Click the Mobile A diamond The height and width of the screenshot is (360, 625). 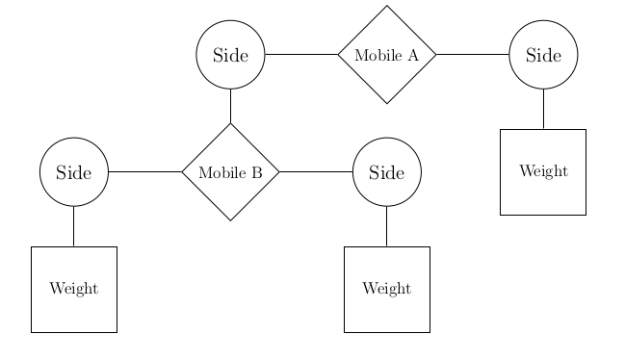click(x=387, y=55)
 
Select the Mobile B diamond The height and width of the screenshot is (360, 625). click(x=230, y=172)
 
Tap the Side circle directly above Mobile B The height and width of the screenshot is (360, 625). click(x=230, y=55)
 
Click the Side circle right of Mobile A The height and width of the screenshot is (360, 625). click(x=543, y=55)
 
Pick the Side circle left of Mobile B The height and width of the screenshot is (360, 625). click(x=74, y=172)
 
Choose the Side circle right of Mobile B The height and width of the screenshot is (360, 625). click(x=387, y=172)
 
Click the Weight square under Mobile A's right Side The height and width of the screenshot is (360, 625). click(x=543, y=172)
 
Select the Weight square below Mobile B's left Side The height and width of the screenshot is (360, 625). click(x=74, y=289)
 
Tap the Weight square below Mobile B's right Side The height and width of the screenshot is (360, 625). click(x=387, y=289)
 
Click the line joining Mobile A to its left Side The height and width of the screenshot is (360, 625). click(x=300, y=55)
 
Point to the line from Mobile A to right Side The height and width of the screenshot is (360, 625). click(x=472, y=55)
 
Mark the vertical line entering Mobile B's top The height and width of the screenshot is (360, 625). click(x=230, y=106)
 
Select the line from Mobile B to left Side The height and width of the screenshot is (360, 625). click(x=144, y=172)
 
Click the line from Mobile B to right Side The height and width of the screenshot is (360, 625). click(x=316, y=172)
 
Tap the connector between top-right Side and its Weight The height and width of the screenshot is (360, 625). click(x=543, y=109)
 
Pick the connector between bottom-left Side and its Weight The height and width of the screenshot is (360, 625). click(x=74, y=226)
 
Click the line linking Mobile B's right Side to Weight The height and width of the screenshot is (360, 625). click(x=387, y=226)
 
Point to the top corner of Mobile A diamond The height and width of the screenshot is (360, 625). click(x=387, y=7)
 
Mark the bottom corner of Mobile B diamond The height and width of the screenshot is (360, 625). click(x=230, y=220)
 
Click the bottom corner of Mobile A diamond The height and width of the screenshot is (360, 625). click(x=387, y=103)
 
